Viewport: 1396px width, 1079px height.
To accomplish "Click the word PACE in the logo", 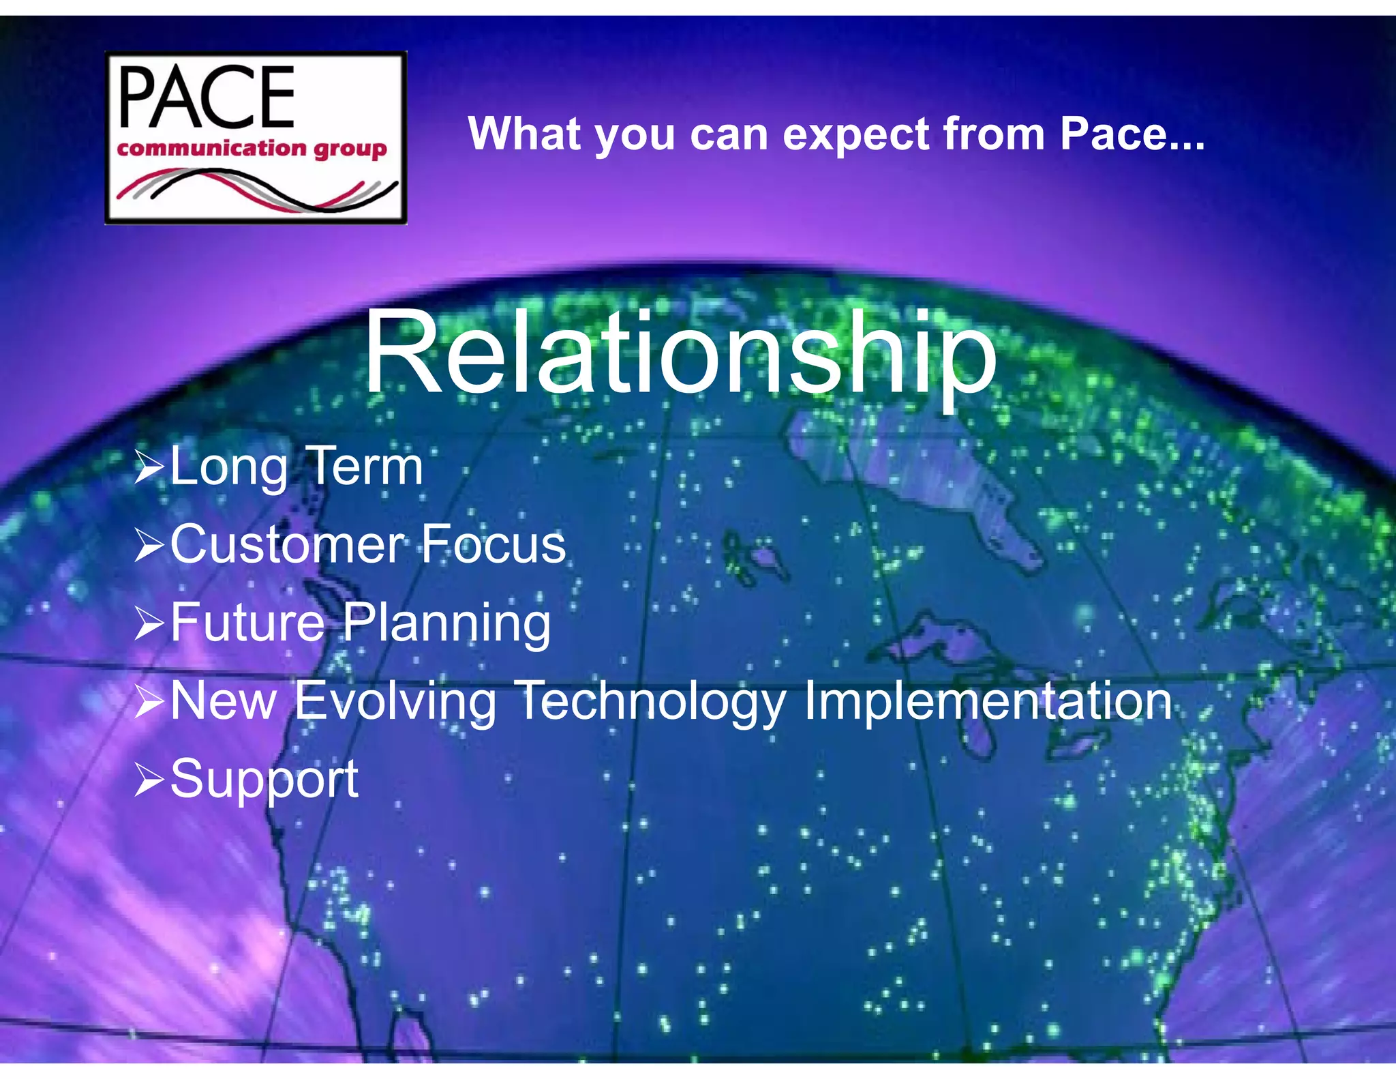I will tap(207, 98).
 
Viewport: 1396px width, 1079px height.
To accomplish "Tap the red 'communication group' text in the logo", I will tap(252, 148).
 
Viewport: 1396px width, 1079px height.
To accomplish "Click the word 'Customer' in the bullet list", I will tap(287, 544).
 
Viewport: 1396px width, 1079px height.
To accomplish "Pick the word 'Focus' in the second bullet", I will tap(492, 544).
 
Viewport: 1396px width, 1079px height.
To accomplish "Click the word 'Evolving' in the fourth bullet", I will tap(395, 702).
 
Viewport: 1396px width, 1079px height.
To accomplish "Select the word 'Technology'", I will tap(652, 702).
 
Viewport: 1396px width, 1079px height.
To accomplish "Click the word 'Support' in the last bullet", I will tap(264, 780).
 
